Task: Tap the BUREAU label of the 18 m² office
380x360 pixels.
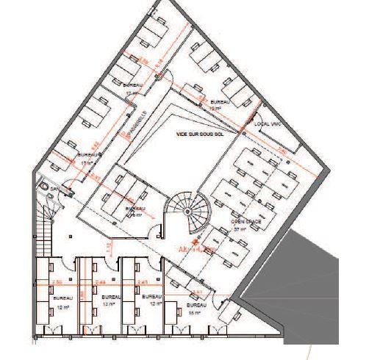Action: (x=197, y=303)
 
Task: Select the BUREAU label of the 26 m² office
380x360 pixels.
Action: (x=135, y=209)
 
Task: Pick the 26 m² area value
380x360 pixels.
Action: (x=133, y=216)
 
